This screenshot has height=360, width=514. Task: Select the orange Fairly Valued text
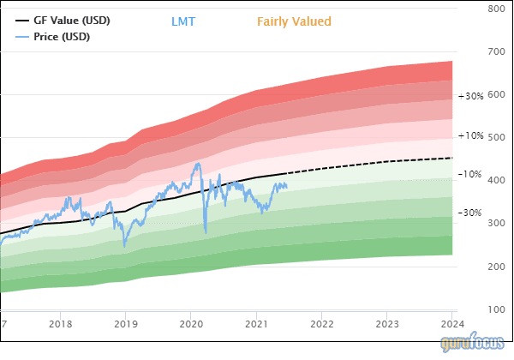point(294,21)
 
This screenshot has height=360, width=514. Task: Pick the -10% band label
point(471,174)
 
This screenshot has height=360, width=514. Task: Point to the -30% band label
point(471,213)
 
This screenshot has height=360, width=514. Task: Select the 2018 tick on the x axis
point(60,325)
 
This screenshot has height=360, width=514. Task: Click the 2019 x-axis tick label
point(126,325)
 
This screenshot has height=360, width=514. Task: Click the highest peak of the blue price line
point(199,163)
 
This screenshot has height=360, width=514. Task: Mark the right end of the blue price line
point(287,186)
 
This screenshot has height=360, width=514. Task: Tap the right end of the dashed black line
point(452,158)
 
